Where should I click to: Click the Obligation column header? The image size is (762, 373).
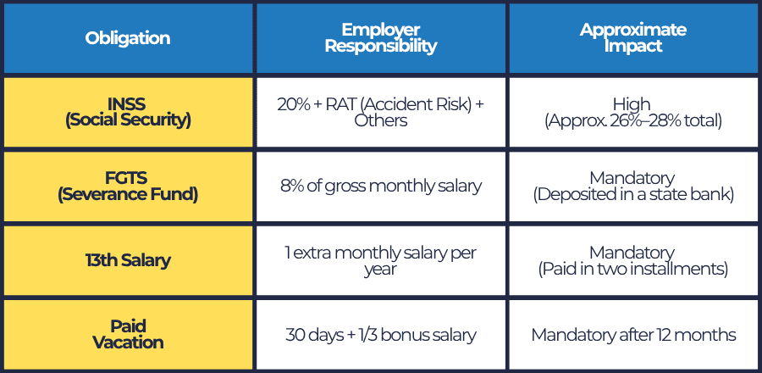tap(128, 38)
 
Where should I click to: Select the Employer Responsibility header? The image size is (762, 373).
tap(381, 38)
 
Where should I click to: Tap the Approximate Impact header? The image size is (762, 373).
tap(632, 38)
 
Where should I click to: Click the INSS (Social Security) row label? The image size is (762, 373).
tap(128, 113)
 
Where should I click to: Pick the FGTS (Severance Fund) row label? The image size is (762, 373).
tap(128, 186)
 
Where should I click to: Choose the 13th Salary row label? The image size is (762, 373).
tap(128, 260)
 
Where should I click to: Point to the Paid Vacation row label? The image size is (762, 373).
tap(128, 334)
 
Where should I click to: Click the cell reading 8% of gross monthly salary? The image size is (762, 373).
tap(381, 186)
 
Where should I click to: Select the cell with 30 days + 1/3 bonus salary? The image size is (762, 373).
tap(381, 334)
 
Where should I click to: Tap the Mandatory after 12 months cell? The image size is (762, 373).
tap(632, 334)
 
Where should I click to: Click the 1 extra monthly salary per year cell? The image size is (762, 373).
tap(381, 260)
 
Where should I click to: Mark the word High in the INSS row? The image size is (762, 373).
tap(632, 105)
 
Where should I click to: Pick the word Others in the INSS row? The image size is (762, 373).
tap(381, 121)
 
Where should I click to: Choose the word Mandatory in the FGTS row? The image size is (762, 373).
tap(632, 178)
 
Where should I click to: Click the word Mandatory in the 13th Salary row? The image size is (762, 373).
tap(632, 252)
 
